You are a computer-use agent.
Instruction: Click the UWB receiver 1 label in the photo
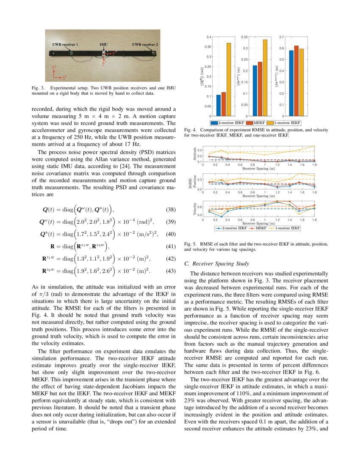[62, 44]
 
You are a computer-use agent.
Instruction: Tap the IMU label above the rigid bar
[103, 44]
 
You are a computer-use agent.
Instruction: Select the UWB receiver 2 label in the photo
[145, 44]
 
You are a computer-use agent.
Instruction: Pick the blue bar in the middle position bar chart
[255, 90]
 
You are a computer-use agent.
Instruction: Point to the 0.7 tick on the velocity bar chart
[281, 37]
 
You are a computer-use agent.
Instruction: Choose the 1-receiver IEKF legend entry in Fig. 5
[288, 228]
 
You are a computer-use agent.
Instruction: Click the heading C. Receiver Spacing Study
[220, 264]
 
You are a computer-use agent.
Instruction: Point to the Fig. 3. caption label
[39, 88]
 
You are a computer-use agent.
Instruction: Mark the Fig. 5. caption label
[191, 244]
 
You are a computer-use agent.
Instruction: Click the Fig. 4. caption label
[191, 130]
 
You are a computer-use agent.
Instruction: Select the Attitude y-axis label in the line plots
[195, 153]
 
